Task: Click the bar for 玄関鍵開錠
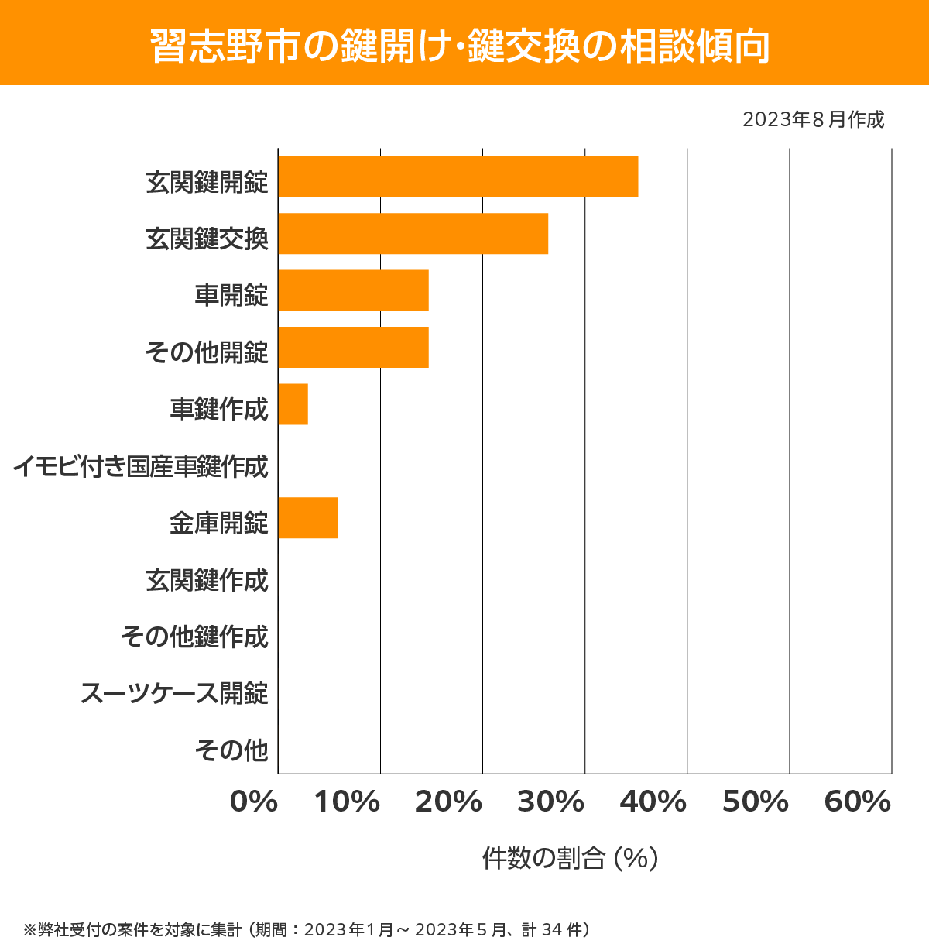(x=458, y=177)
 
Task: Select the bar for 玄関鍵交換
(x=413, y=233)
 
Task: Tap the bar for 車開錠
(x=353, y=290)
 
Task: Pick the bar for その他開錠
(x=353, y=347)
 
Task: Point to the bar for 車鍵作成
(x=293, y=404)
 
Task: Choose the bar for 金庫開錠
(x=307, y=517)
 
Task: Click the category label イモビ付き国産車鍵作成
(x=140, y=467)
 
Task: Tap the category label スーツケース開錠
(x=174, y=693)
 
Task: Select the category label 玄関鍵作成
(x=207, y=580)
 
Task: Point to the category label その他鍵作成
(x=194, y=637)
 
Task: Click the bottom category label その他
(x=231, y=750)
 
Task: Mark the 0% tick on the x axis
(x=254, y=802)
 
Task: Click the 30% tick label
(x=550, y=802)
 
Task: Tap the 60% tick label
(x=858, y=802)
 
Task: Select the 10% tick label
(x=347, y=802)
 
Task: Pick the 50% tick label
(x=756, y=802)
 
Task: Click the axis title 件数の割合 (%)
(x=570, y=858)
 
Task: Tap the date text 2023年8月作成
(x=813, y=120)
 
